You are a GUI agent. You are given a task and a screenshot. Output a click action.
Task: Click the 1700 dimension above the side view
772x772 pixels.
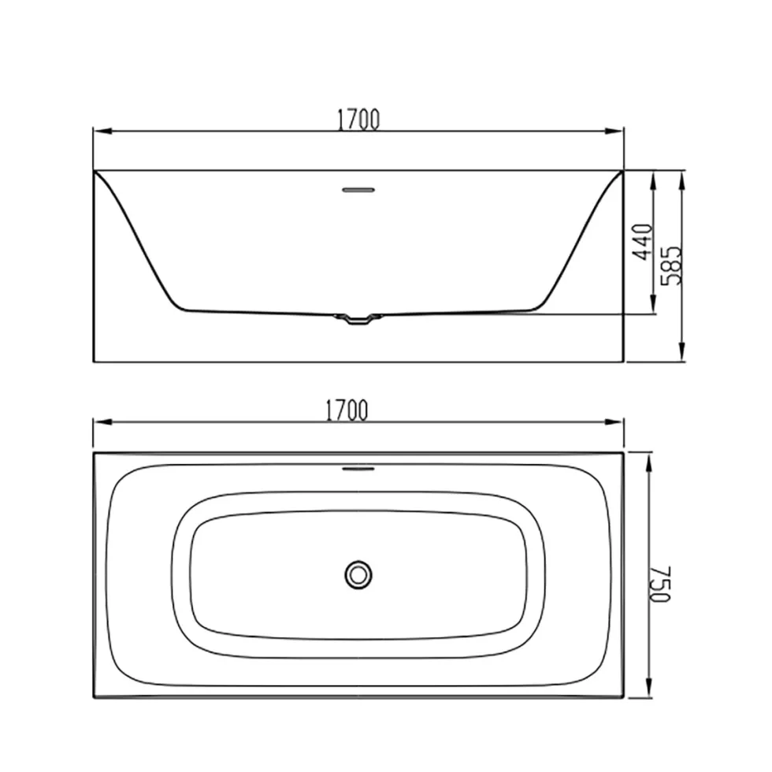point(358,120)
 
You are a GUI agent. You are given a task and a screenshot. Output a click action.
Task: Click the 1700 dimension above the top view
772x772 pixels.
point(347,410)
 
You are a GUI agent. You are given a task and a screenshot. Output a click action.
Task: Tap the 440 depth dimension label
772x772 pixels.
point(643,242)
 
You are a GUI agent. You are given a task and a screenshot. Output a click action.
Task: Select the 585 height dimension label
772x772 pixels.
point(671,265)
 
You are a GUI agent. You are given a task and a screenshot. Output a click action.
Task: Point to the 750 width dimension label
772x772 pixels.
point(661,584)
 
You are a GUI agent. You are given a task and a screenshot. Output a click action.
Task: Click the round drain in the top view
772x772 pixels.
point(358,574)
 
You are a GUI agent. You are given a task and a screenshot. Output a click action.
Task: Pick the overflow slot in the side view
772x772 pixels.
point(358,190)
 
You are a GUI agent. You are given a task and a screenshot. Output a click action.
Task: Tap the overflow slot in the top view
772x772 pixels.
point(358,469)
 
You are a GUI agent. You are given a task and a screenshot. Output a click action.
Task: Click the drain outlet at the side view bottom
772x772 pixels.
point(358,319)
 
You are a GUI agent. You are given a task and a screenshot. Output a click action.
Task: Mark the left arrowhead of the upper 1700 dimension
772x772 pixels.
point(102,132)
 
